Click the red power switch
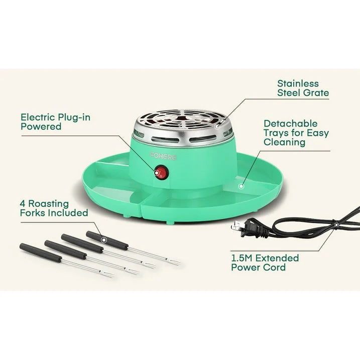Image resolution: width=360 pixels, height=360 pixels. pos(161,173)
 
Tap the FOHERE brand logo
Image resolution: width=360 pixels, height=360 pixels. pos(164,157)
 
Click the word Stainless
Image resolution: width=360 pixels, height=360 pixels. pos(298,83)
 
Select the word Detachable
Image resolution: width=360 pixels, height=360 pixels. pos(290,124)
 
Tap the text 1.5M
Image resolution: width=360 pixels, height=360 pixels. pos(242,258)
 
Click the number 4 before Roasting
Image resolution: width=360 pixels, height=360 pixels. pos(23,204)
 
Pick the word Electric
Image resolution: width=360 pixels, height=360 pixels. pos(38,117)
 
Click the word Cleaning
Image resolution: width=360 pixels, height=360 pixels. pos(284,142)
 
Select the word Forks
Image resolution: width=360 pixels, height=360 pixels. pos(32,213)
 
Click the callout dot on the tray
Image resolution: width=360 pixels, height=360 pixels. pos(241,186)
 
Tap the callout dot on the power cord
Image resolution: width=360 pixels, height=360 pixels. pos(336,225)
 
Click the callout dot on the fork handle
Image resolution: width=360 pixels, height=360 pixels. pos(104,240)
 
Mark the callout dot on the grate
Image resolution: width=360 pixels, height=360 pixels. pos(217,126)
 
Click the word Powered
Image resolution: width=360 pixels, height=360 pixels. pos(41,127)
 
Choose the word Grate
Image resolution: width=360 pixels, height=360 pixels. pos(316,93)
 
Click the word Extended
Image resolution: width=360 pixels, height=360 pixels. pos(277,258)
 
